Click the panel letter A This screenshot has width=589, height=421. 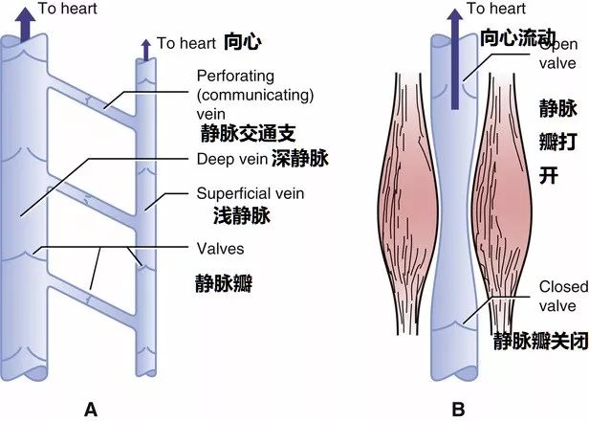point(92,410)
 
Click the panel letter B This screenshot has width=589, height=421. point(458,410)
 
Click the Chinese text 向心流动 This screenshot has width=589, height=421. point(517,38)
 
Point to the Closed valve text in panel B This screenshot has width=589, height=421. point(556,296)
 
